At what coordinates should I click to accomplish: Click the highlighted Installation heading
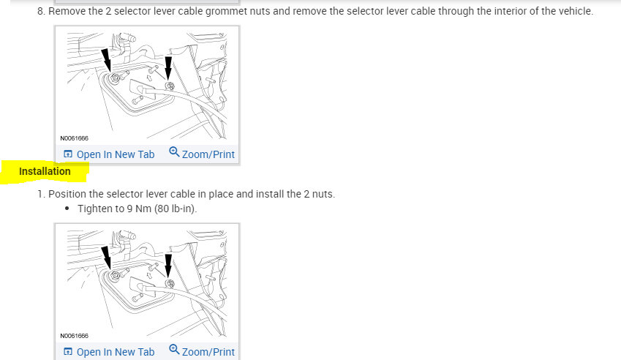(45, 171)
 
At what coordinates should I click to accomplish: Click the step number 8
(40, 12)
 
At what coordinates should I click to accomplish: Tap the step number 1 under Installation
(40, 194)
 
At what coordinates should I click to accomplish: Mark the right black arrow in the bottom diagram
(169, 266)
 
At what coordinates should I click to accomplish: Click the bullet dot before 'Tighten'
(67, 209)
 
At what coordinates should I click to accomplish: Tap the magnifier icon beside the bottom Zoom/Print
(174, 350)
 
